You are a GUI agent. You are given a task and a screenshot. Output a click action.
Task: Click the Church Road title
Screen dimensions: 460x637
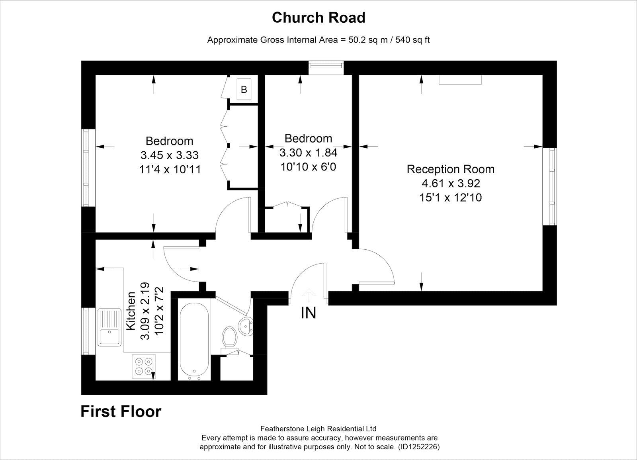318,18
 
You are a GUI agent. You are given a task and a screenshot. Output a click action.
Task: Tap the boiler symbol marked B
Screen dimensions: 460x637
244,90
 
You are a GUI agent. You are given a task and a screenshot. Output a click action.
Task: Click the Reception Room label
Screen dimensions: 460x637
450,169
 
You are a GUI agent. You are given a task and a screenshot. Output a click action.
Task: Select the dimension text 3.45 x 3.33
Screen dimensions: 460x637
169,155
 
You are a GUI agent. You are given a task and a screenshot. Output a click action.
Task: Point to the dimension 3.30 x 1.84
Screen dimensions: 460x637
308,153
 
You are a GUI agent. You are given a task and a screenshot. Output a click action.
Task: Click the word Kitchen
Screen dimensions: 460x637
131,311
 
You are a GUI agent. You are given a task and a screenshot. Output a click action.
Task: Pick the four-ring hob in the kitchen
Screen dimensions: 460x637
144,366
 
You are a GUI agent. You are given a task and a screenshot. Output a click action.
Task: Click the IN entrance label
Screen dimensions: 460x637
308,313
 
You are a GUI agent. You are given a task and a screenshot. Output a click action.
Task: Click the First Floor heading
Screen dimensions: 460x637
121,411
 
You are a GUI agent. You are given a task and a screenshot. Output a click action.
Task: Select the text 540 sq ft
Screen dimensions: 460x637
412,40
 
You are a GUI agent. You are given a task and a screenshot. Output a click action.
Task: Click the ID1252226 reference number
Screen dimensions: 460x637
419,447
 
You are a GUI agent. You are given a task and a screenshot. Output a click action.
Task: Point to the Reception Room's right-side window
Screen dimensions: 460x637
551,186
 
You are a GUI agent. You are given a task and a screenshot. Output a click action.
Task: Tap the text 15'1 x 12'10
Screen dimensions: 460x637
450,198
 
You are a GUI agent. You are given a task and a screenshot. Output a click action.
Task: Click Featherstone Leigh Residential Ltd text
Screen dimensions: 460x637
318,429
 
